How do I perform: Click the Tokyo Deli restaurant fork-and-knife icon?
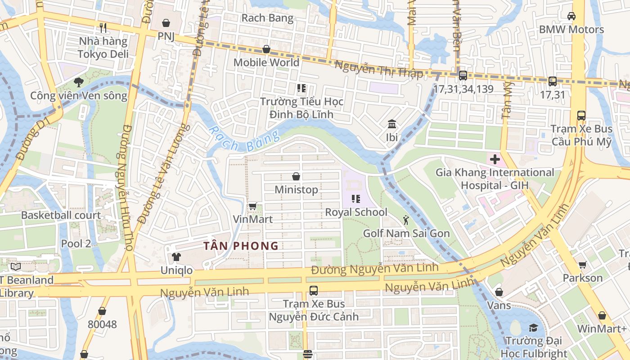[x=103, y=27]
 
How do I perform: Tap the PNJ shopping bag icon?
[x=166, y=22]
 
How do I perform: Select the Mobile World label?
[x=266, y=62]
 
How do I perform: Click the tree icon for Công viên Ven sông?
[x=79, y=82]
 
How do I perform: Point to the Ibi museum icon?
[x=392, y=124]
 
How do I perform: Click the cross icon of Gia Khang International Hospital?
[x=495, y=159]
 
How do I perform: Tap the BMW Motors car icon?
[x=571, y=16]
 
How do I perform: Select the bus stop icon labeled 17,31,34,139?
[x=463, y=76]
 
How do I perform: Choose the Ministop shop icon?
[x=296, y=176]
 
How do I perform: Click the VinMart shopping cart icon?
[x=252, y=206]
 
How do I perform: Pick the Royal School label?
[x=356, y=212]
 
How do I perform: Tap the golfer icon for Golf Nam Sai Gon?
[x=406, y=220]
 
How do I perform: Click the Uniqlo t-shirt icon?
[x=176, y=257]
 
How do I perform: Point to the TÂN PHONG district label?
[x=241, y=246]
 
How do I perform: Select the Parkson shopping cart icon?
[x=582, y=265]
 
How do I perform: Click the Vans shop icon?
[x=499, y=292]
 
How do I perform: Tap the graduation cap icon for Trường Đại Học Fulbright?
[x=533, y=327]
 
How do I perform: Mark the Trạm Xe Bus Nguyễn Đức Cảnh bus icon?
[x=314, y=291]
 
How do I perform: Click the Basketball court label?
[x=61, y=215]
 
